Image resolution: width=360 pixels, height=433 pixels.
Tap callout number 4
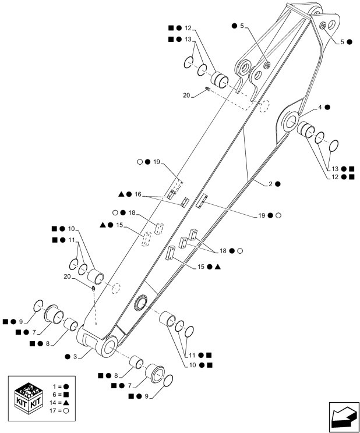click(x=320, y=107)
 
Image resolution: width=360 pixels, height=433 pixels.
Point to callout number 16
click(x=137, y=194)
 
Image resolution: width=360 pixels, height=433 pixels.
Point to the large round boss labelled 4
click(x=289, y=121)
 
